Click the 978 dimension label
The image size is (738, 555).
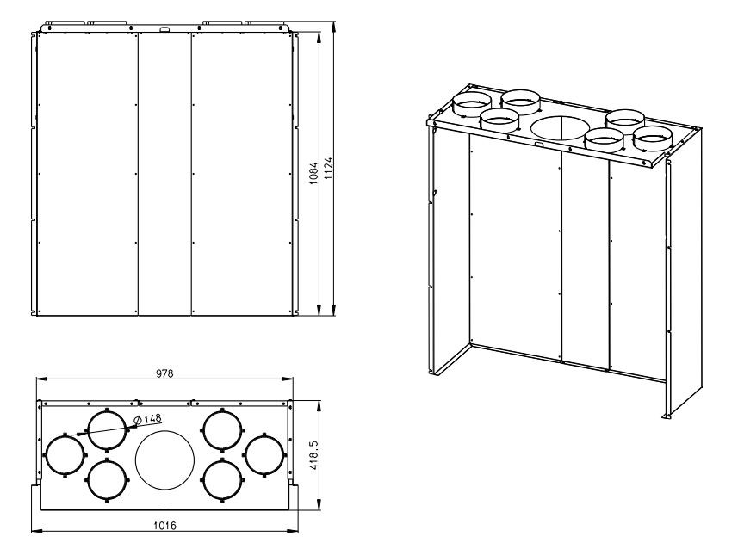click(164, 373)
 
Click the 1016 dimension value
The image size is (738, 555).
click(164, 526)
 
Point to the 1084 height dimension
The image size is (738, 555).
click(314, 174)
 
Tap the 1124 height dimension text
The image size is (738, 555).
click(328, 168)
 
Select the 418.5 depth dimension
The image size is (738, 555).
click(314, 455)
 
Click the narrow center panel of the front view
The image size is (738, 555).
click(164, 174)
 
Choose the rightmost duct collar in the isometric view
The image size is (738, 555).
click(654, 139)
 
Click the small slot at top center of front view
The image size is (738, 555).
click(164, 30)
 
